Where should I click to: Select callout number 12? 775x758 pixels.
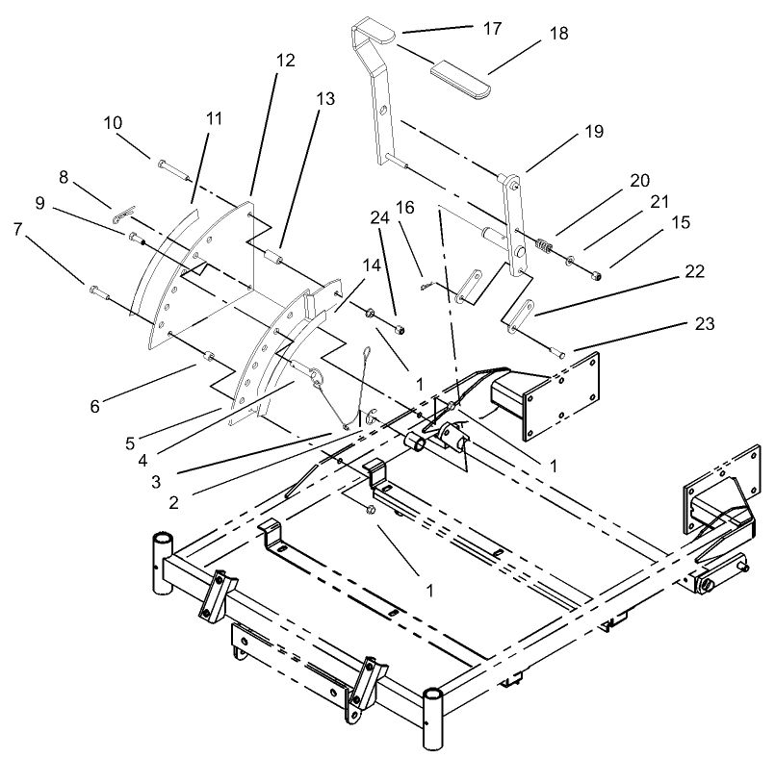click(x=285, y=59)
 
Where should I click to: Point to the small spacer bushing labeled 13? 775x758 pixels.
click(x=272, y=259)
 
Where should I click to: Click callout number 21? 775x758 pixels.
click(x=659, y=201)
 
